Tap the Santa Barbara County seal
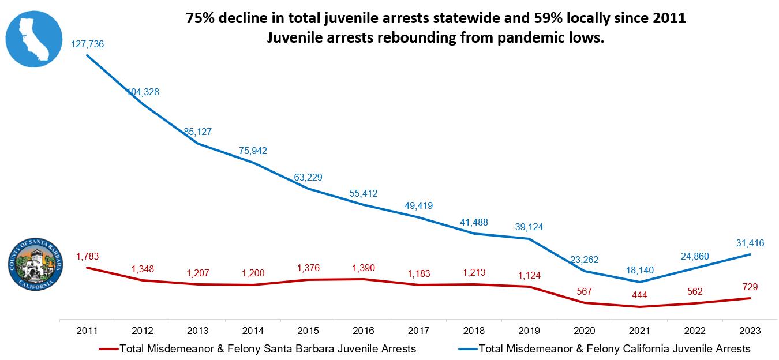(35, 265)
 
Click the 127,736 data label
(87, 44)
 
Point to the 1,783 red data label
(88, 256)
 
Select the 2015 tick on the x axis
(309, 331)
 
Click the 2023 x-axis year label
(750, 331)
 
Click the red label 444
(639, 295)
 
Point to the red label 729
(750, 287)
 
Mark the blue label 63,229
(308, 177)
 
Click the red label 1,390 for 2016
(364, 268)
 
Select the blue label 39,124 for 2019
(529, 227)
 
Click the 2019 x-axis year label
(529, 331)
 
